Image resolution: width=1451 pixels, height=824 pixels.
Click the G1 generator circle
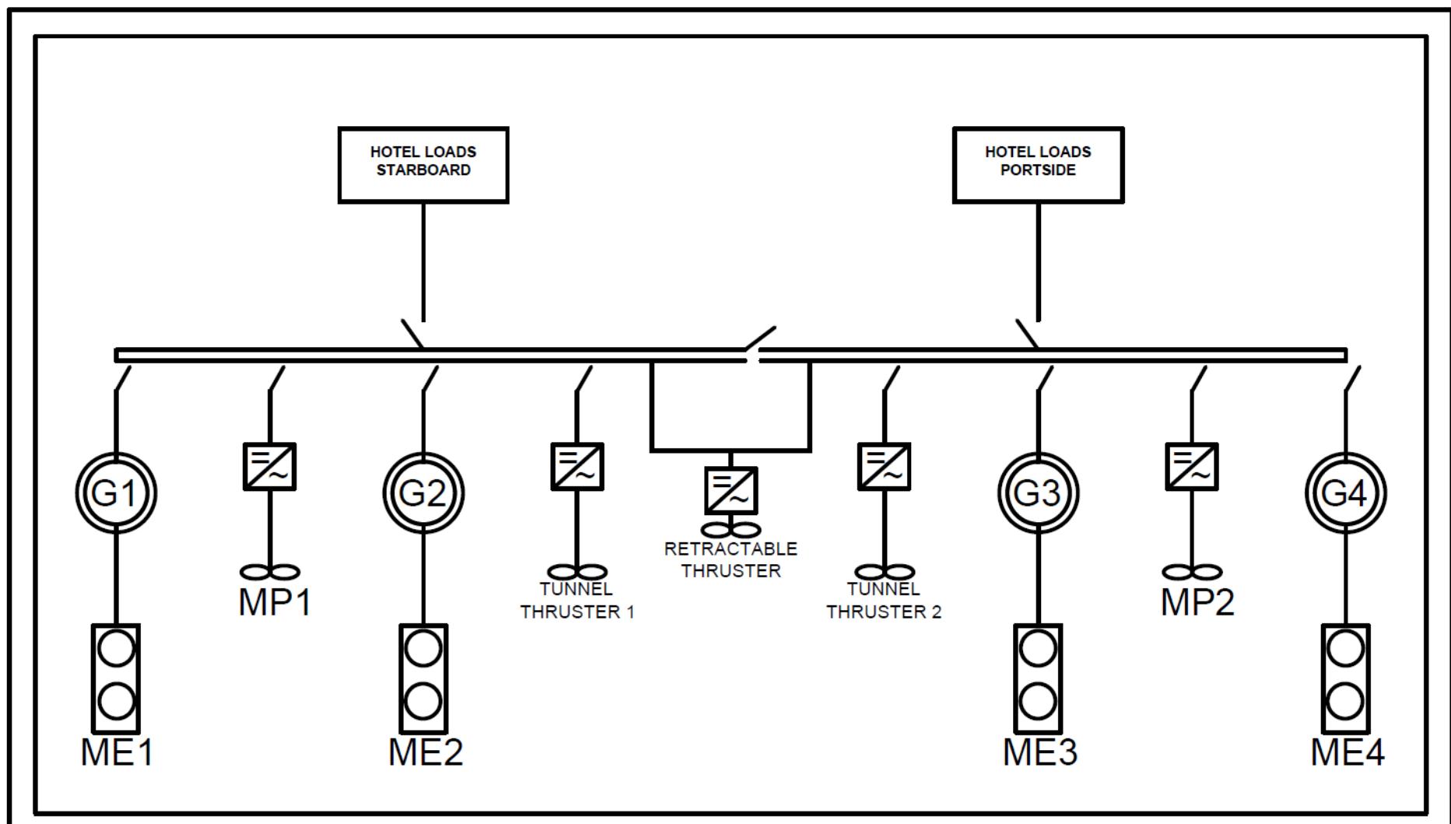point(116,493)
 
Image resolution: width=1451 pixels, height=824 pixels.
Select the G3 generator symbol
point(1038,493)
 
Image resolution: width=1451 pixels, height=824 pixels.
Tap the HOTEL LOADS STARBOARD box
point(423,165)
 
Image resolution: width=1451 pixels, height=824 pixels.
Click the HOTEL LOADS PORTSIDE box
point(1038,165)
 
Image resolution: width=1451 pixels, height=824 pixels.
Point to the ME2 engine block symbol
point(423,678)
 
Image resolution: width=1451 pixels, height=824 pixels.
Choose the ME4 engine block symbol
point(1345,678)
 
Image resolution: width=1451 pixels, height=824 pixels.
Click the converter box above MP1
point(270,467)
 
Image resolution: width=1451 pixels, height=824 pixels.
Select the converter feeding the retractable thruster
point(731,490)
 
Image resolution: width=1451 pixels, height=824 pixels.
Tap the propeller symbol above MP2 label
point(1191,573)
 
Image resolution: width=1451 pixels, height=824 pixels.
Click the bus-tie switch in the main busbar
point(760,342)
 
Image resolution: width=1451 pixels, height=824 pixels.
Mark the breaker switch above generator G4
point(1352,380)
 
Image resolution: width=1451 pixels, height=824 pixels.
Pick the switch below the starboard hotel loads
point(412,334)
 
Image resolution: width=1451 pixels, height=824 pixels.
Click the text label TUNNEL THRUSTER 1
point(577,601)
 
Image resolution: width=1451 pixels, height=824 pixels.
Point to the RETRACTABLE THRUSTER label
point(731,560)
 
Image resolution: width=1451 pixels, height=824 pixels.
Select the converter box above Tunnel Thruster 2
point(884,467)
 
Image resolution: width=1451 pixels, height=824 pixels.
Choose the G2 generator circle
point(423,493)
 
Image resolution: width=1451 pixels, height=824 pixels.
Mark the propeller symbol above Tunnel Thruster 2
point(884,573)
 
